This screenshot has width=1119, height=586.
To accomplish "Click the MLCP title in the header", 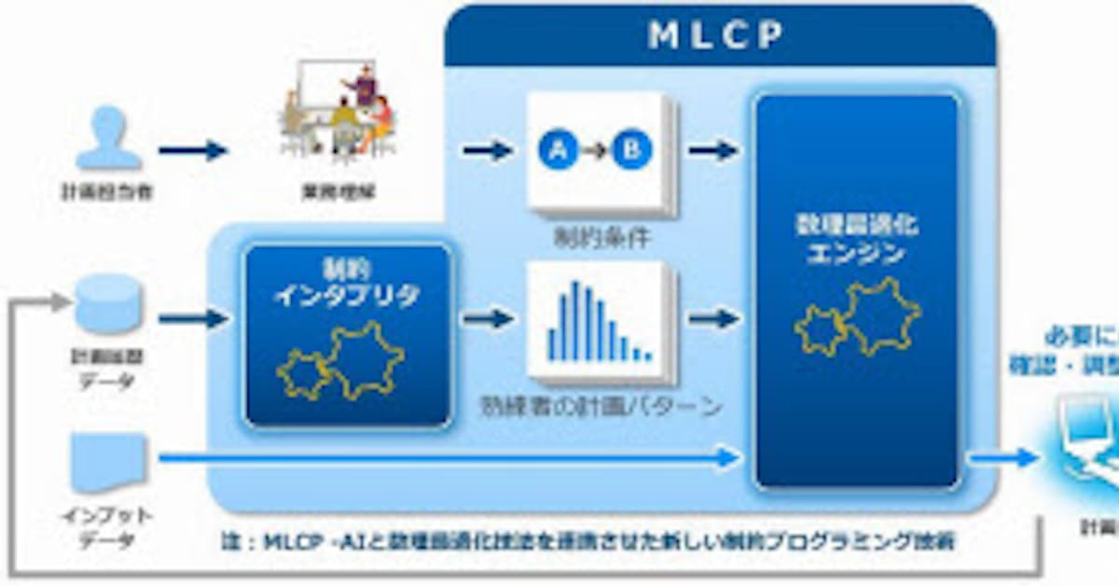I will tap(715, 35).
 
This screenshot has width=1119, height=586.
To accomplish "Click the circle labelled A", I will tap(558, 149).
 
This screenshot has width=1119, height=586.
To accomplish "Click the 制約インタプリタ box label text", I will tap(347, 285).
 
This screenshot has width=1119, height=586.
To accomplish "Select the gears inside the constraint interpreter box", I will tap(339, 359).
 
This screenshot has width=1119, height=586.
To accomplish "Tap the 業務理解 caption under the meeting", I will tap(338, 194).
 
